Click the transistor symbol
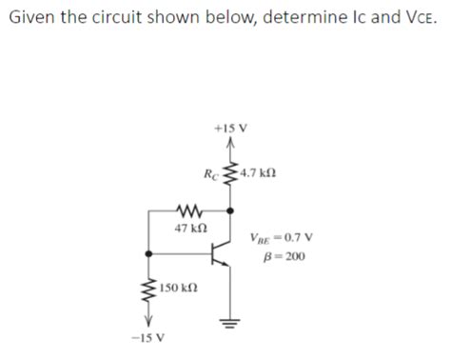tap(221, 252)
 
